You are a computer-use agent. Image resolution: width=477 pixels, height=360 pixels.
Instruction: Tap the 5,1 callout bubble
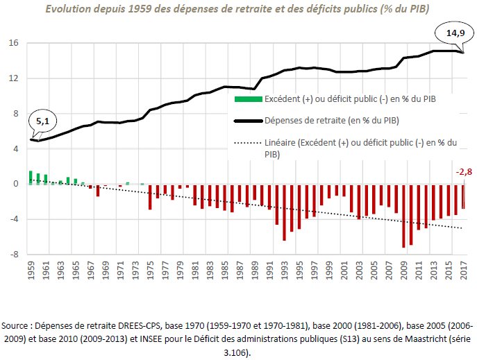[42, 121]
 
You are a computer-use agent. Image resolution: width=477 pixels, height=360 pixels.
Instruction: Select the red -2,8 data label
[463, 172]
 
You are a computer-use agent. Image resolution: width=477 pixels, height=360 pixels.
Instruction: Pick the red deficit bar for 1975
[150, 197]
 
